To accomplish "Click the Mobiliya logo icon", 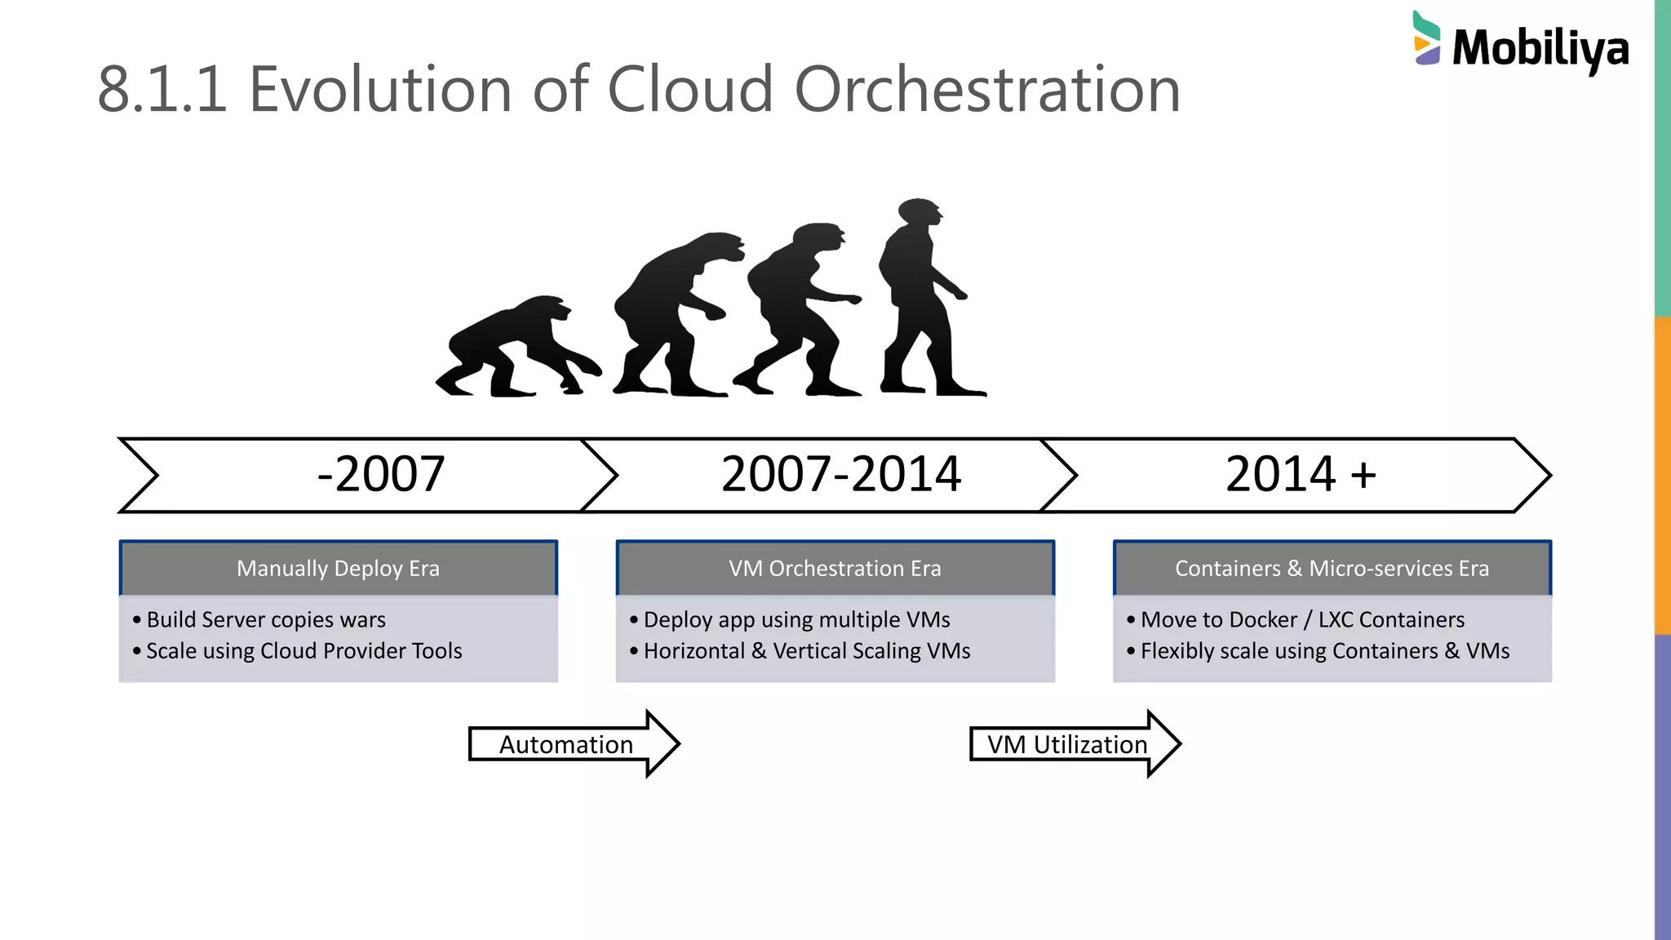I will (x=1427, y=38).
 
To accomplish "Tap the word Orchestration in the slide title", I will (x=987, y=89).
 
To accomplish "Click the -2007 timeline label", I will (x=380, y=474).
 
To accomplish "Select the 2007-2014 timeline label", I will (x=841, y=474).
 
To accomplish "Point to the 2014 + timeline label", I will (x=1301, y=474).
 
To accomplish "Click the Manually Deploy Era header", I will (x=338, y=569).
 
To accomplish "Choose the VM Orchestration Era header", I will (x=835, y=569).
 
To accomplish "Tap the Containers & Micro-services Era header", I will (x=1332, y=569).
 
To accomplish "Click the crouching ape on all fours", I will (x=514, y=347).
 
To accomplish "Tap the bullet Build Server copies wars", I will (x=266, y=620).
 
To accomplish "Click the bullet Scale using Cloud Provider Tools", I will (x=304, y=651).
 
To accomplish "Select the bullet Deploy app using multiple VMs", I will (x=796, y=620).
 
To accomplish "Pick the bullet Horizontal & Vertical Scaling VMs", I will (x=806, y=651).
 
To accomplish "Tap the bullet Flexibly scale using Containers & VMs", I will (x=1324, y=651).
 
